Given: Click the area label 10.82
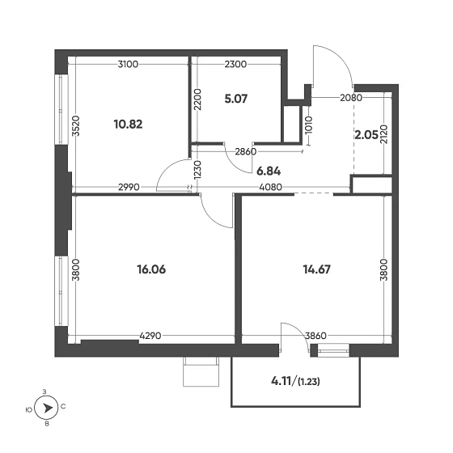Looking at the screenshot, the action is (128, 125).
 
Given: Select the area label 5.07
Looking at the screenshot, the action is (235, 99).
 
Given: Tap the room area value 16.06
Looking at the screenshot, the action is (151, 269).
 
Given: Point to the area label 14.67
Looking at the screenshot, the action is (316, 269).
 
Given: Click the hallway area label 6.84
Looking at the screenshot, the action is (269, 171).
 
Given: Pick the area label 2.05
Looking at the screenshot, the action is (366, 134).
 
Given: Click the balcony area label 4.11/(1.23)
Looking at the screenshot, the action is (295, 381).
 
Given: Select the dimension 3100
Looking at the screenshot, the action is (128, 64).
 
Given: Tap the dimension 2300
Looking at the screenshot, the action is (235, 64).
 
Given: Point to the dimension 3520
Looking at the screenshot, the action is (76, 125).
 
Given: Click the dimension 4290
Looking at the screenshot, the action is (150, 336).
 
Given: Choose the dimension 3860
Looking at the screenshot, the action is (315, 336).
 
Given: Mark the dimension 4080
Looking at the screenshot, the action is (271, 187).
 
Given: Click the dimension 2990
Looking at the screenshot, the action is (129, 187).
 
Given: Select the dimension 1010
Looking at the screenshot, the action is (309, 125).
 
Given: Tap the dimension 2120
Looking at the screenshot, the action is (383, 135).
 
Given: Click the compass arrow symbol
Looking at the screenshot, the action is (48, 408).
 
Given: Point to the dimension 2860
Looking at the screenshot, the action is (246, 151).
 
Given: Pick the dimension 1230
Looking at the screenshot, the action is (198, 170).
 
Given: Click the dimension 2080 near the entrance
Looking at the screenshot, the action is (351, 98).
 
